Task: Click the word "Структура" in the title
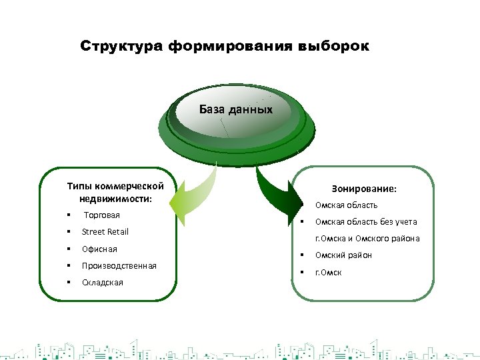tap(121, 47)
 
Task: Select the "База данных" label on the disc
tap(236, 109)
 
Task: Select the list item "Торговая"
tap(101, 215)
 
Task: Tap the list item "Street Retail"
tap(105, 232)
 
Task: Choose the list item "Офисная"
tap(99, 249)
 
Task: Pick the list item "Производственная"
tap(119, 266)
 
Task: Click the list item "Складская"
tap(102, 283)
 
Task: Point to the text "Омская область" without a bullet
tap(346, 205)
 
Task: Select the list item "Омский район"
tap(343, 255)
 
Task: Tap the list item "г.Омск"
tap(328, 272)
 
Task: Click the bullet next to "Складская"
tap(69, 283)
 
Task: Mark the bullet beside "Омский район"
tap(302, 255)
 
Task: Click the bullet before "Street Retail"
tap(69, 232)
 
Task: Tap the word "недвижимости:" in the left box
tap(115, 199)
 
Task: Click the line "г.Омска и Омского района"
tap(367, 239)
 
